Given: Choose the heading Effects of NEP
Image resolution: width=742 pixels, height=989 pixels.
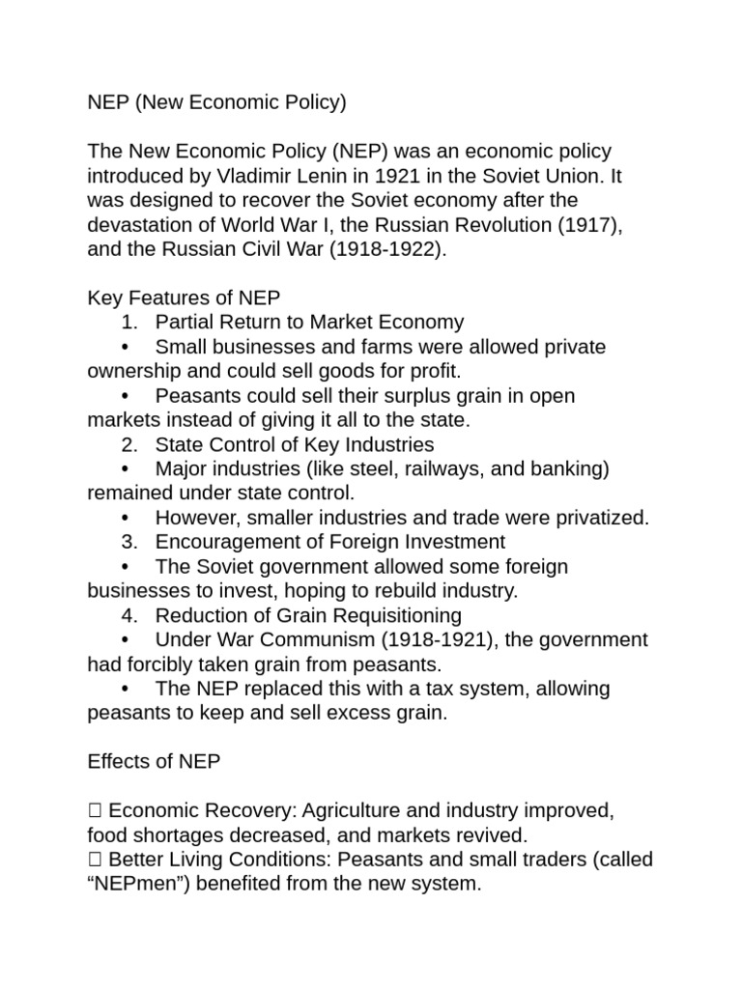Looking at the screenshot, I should [154, 762].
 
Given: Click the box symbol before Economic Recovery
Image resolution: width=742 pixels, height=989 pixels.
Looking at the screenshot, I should [94, 811].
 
